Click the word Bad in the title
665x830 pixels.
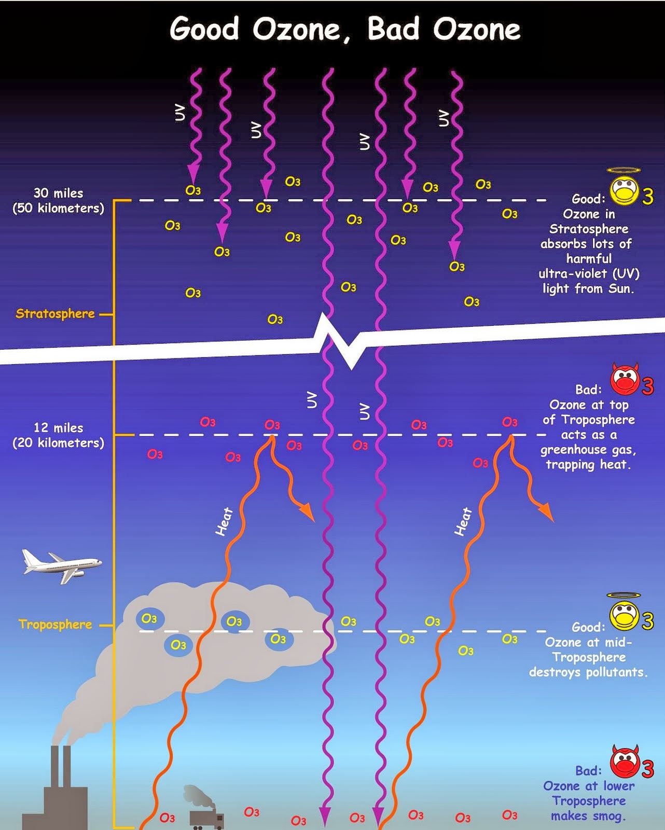(393, 29)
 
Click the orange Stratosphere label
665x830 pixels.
(55, 313)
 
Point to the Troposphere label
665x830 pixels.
(55, 624)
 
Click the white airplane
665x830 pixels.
(61, 565)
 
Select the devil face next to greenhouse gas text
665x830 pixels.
(625, 380)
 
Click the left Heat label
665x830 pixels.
(224, 521)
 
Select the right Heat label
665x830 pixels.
(463, 521)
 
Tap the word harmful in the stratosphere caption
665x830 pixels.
(589, 258)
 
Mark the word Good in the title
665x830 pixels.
(204, 29)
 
